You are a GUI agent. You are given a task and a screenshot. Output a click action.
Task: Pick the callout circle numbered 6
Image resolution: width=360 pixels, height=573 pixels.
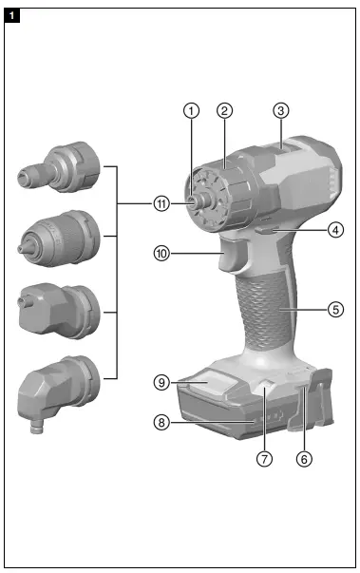(x=304, y=457)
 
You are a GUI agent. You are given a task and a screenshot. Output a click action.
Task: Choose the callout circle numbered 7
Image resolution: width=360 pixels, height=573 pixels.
(x=265, y=457)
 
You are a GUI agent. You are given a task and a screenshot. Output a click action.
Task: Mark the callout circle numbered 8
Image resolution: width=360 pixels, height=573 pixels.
(x=162, y=424)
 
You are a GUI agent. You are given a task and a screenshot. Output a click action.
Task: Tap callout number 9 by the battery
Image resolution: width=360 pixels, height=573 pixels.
(x=162, y=383)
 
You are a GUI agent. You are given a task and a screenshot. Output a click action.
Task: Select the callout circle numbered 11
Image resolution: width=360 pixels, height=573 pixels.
(x=162, y=203)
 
